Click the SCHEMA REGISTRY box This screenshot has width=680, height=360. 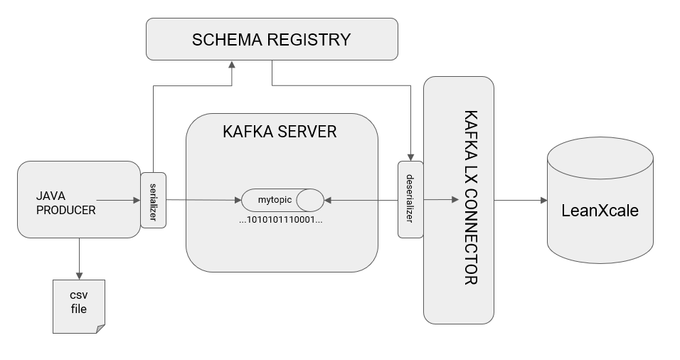coord(272,39)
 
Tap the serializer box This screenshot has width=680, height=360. coord(154,200)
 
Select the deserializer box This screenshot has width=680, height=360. coord(410,199)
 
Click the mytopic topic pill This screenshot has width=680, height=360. coord(282,200)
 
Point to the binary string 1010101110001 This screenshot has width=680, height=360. coord(281,219)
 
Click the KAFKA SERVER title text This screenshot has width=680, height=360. coord(280,132)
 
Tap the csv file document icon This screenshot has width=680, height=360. coord(79,307)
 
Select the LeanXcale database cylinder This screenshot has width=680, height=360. coord(600,200)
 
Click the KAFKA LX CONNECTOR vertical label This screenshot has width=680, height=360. coord(471,197)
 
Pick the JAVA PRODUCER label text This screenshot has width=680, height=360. coord(66,203)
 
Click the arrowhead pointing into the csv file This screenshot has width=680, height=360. coord(79,276)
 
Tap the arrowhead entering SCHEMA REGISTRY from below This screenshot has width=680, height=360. coord(232,65)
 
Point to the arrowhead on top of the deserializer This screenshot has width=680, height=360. coord(410,157)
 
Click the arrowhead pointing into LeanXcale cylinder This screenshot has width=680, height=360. coord(543,201)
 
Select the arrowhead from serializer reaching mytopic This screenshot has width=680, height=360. coord(238,200)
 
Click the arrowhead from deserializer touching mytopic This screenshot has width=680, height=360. coord(328,201)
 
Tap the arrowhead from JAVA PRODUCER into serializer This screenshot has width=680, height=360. coord(137,200)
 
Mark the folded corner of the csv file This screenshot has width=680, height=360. coord(100,329)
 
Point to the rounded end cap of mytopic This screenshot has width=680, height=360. coord(310,200)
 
